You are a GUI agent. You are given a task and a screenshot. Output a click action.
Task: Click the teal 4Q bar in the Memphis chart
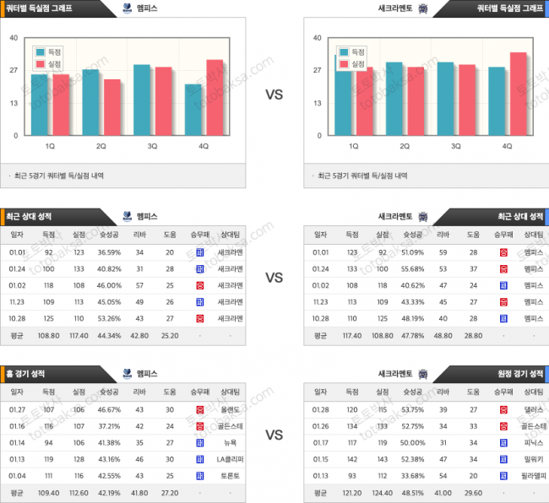coord(194,110)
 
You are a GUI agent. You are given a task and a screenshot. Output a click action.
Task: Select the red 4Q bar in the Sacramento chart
coord(518,94)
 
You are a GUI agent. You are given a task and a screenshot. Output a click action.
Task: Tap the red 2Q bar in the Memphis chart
coord(112,107)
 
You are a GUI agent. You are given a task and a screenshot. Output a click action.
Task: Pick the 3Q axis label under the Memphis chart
coord(153,146)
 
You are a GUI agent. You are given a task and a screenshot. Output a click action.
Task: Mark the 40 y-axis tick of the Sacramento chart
coord(317,38)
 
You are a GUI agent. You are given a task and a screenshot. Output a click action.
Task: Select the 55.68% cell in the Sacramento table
coord(413,268)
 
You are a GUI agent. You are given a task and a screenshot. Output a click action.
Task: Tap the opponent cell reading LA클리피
coord(231,460)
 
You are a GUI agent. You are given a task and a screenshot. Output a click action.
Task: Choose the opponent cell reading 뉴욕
coord(231,443)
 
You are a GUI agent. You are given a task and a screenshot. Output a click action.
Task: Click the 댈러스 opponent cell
coord(534,410)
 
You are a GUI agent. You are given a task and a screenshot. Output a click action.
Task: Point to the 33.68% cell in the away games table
coord(413,476)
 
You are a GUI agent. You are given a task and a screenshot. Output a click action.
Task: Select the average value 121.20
coord(352,493)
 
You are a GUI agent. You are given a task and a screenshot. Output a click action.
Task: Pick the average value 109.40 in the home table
coord(48,493)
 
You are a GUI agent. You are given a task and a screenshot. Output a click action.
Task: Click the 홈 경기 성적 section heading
coord(28,374)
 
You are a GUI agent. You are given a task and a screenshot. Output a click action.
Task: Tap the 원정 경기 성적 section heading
coord(520,374)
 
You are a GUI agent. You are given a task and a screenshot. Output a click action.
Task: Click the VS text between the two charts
coord(274,95)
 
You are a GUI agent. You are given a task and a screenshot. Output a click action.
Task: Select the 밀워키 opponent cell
coord(534,460)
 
